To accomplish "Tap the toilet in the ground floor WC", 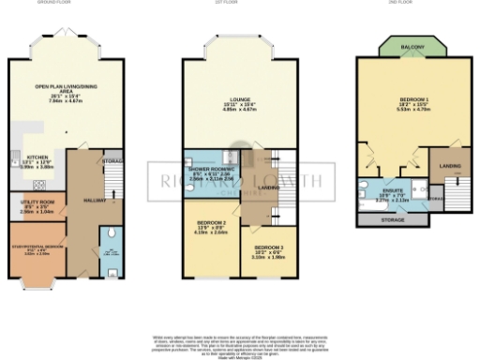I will pos(112,234).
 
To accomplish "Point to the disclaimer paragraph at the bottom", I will pos(240,343).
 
